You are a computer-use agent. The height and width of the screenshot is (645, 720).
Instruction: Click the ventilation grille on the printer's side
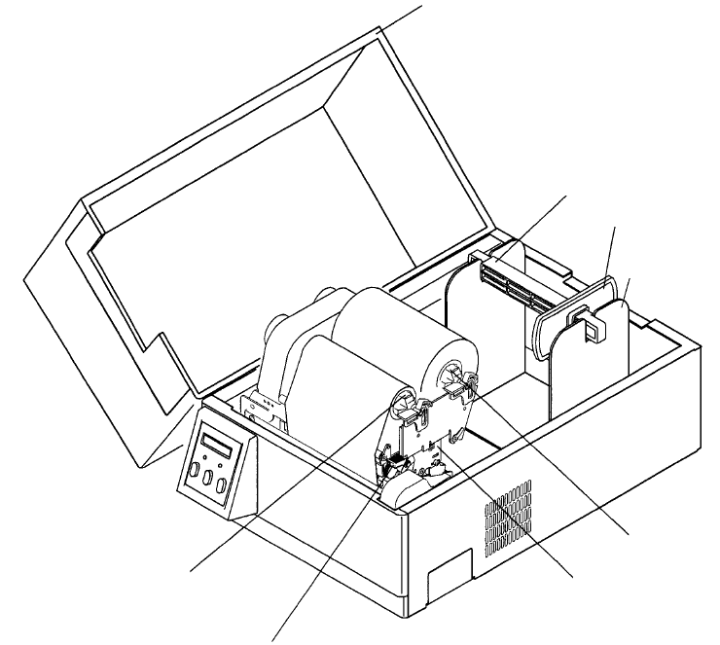[x=505, y=515]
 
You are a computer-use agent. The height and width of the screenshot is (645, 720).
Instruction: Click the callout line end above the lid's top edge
[x=423, y=5]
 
